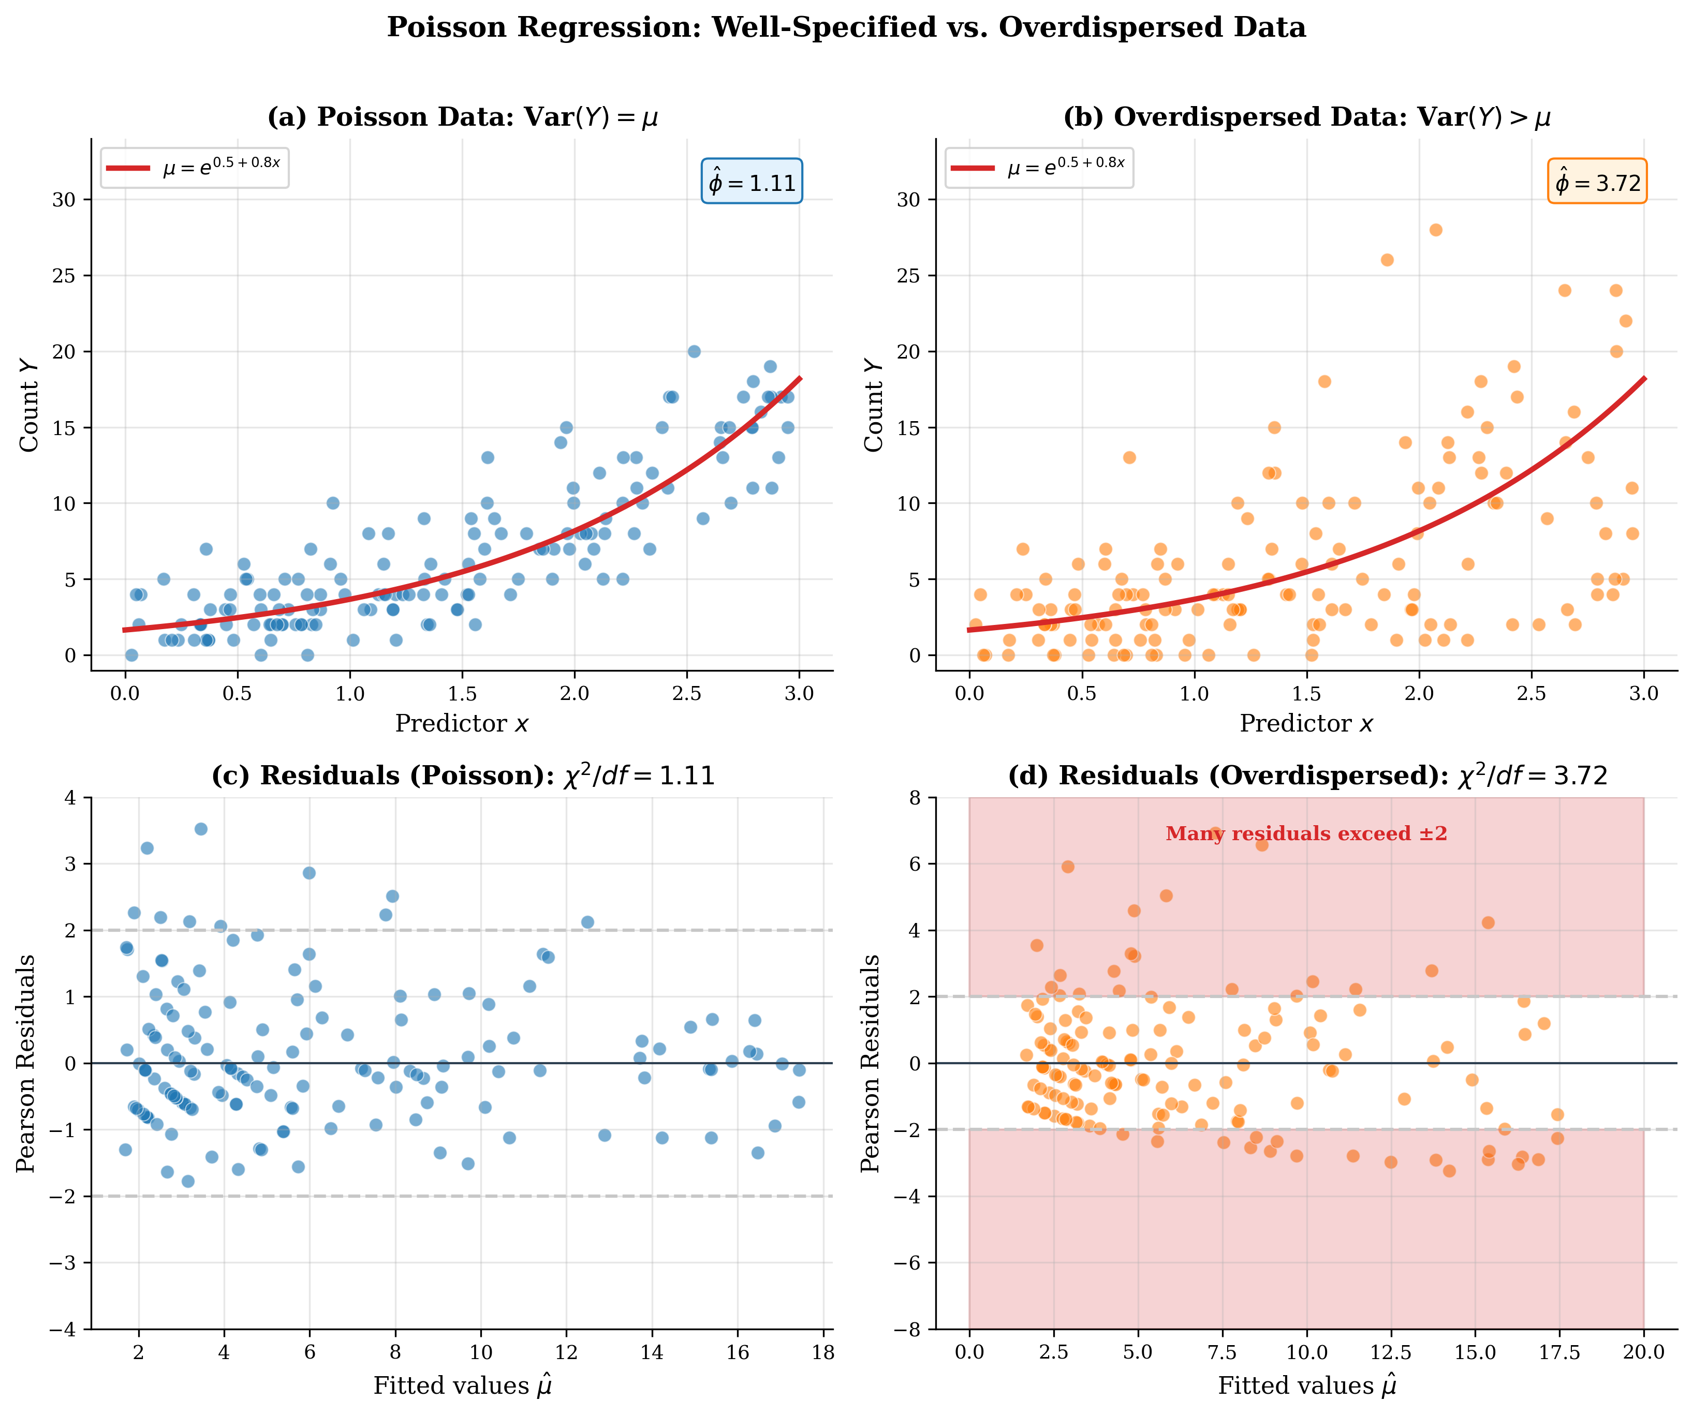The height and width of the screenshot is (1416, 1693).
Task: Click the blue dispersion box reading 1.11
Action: pyautogui.click(x=752, y=181)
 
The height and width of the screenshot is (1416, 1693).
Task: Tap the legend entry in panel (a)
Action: pyautogui.click(x=194, y=168)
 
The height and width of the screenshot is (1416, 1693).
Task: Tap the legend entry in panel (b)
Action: pyautogui.click(x=1039, y=168)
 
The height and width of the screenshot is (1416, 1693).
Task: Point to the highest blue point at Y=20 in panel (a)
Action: pyautogui.click(x=694, y=351)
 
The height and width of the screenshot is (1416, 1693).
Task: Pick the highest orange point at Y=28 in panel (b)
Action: pyautogui.click(x=1436, y=230)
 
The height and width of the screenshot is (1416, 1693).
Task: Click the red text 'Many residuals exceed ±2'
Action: pyautogui.click(x=1306, y=834)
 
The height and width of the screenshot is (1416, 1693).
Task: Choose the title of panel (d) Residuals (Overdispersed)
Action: pyautogui.click(x=1307, y=776)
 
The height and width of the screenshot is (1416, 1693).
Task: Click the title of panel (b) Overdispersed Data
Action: pyautogui.click(x=1307, y=117)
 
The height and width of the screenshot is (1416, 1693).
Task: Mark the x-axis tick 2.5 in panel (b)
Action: pyautogui.click(x=1531, y=694)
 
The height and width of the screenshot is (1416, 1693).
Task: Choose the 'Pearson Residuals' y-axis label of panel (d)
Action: pyautogui.click(x=871, y=1063)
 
